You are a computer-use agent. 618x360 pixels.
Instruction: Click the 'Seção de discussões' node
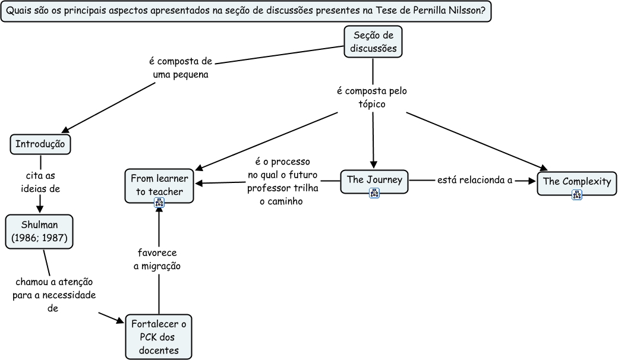(373, 42)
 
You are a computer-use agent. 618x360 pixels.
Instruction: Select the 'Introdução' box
(40, 144)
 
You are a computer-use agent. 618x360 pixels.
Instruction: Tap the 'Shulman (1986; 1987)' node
(40, 232)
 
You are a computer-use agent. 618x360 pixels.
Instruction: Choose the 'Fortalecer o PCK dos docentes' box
(159, 337)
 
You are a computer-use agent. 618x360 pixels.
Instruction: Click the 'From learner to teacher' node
(159, 184)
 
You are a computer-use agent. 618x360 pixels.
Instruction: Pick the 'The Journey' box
(374, 179)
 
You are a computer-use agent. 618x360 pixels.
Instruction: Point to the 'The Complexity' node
(576, 181)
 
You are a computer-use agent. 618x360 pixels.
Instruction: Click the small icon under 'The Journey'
(374, 192)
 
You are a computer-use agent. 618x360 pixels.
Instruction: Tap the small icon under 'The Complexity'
(576, 194)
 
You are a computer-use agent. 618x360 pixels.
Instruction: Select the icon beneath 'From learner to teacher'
(159, 203)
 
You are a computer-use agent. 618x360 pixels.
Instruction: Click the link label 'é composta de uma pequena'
(180, 68)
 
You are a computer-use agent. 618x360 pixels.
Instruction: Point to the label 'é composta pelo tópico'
(372, 97)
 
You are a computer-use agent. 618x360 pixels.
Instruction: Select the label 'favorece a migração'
(157, 260)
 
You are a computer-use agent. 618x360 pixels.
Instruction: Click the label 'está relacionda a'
(474, 180)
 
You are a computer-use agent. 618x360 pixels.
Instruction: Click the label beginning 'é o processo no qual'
(282, 181)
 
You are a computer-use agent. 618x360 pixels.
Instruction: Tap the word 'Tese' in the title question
(388, 11)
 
